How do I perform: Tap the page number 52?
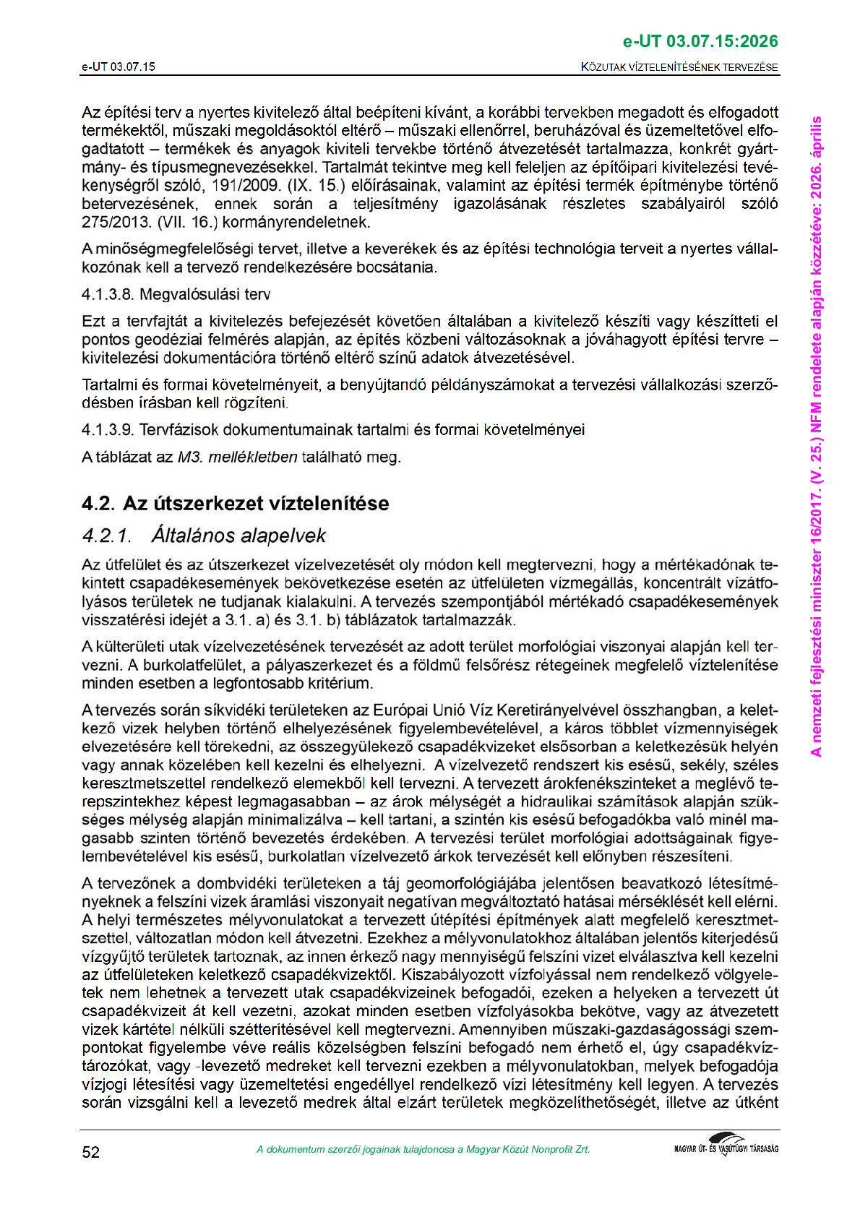pyautogui.click(x=91, y=1151)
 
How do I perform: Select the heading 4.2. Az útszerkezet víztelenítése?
pyautogui.click(x=235, y=503)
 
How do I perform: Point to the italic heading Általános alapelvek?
pyautogui.click(x=238, y=536)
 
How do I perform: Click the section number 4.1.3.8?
pyautogui.click(x=107, y=294)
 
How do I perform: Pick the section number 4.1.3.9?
pyautogui.click(x=107, y=430)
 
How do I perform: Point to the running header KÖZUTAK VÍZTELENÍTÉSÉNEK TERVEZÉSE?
pyautogui.click(x=679, y=67)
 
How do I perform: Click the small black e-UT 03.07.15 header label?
pyautogui.click(x=118, y=67)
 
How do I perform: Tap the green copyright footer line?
pyautogui.click(x=423, y=1149)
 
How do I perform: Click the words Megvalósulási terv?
pyautogui.click(x=205, y=294)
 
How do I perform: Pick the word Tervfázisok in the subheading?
pyautogui.click(x=179, y=430)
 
